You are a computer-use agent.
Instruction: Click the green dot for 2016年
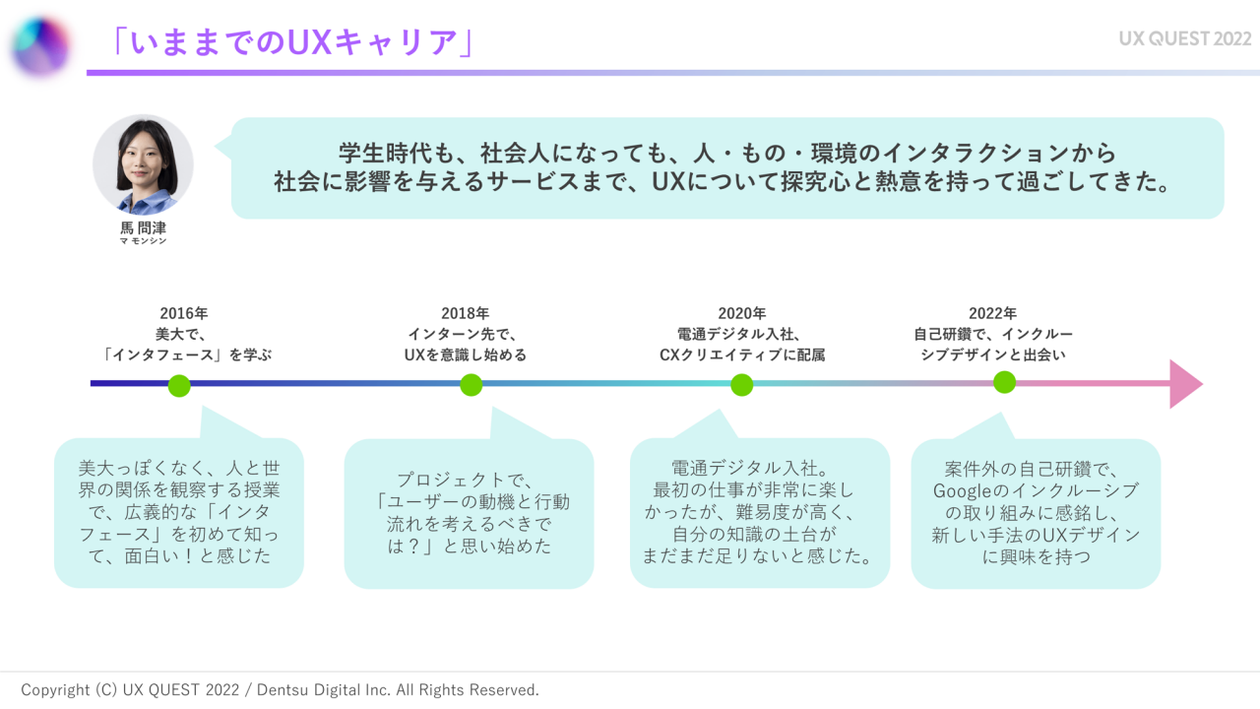pos(179,385)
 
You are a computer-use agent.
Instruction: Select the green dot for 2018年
pos(472,385)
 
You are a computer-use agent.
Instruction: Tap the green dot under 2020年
pos(742,385)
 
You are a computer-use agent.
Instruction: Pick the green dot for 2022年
pos(1004,382)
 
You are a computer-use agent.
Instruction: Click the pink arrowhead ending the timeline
pos(1185,384)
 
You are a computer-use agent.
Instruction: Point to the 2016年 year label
pos(184,314)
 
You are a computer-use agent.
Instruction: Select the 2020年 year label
pos(741,314)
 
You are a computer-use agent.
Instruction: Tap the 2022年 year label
pos(992,314)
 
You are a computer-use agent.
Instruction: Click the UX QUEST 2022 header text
pos(1184,38)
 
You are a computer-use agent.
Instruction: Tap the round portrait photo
pos(144,164)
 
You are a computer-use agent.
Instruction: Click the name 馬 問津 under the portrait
pos(144,228)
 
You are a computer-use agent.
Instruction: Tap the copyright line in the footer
pos(280,690)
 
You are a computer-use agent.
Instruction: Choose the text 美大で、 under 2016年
pos(183,335)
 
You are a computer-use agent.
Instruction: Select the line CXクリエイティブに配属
pos(741,354)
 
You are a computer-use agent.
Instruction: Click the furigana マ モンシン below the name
pos(144,241)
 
